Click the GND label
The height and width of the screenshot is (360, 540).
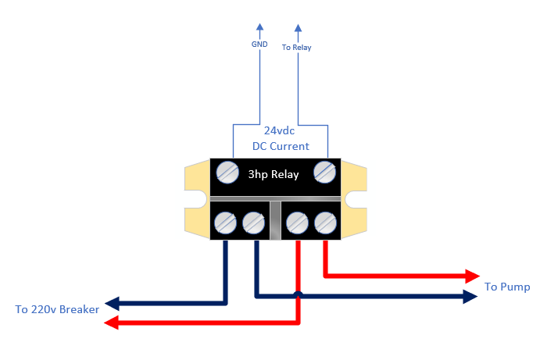[259, 44]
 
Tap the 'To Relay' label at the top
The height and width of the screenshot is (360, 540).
[296, 47]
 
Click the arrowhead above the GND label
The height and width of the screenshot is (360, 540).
[260, 27]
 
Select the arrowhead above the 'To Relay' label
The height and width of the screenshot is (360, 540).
[299, 28]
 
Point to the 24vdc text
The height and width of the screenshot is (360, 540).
[279, 130]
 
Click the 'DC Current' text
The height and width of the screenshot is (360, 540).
[281, 146]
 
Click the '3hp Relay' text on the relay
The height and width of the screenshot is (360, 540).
[274, 174]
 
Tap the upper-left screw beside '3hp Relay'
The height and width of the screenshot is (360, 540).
[227, 173]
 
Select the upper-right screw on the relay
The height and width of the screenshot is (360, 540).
[325, 172]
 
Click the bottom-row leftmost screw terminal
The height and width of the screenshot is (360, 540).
[225, 223]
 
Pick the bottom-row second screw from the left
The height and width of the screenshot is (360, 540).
[253, 223]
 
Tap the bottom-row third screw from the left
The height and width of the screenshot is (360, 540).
[297, 223]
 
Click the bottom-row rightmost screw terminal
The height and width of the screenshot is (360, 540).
[325, 223]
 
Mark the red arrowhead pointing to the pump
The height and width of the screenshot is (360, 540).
[473, 276]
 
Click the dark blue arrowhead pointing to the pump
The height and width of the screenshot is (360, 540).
[470, 296]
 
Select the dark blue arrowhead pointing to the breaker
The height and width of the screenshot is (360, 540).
[112, 304]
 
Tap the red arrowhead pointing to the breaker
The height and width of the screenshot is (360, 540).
[111, 323]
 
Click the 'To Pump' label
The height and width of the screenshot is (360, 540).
[507, 287]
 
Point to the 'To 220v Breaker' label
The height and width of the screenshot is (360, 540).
[57, 309]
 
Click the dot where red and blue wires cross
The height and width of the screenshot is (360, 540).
[299, 295]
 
